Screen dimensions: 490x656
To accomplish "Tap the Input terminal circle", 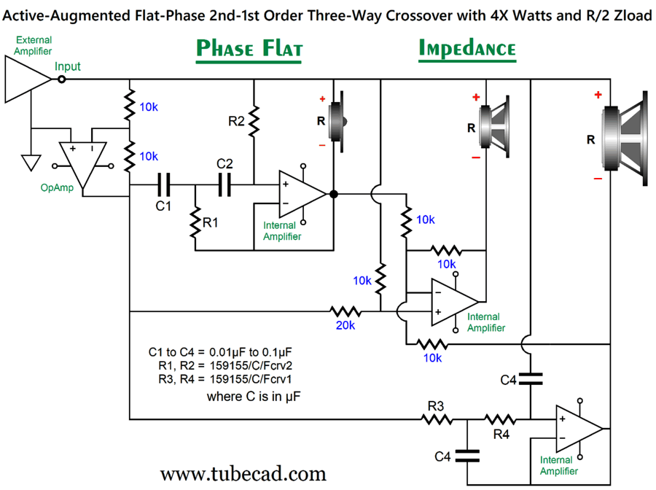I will coord(61,79).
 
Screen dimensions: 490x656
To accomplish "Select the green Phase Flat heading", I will coord(249,49).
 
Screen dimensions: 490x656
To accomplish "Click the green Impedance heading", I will coord(467,49).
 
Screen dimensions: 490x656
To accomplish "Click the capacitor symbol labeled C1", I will coord(163,186).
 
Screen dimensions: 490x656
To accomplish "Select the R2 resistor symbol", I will coord(254,122).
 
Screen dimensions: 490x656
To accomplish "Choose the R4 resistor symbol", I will coord(500,419).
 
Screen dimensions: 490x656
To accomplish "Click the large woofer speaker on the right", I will coord(625,137).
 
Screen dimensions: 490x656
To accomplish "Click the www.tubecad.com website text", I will coord(243,474).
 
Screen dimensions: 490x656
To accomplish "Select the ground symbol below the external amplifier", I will coord(31,162).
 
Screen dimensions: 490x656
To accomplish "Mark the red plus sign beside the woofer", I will coord(598,95).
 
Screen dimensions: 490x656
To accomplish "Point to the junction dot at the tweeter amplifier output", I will coord(333,194).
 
